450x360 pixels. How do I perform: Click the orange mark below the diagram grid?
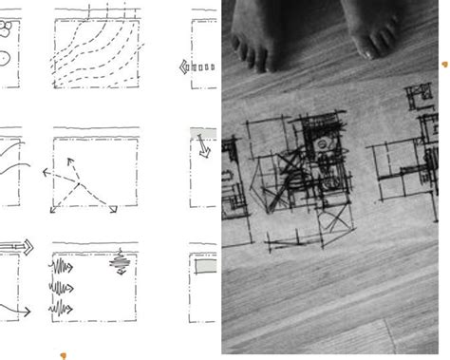point(64,356)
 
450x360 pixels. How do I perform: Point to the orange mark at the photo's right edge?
point(444,65)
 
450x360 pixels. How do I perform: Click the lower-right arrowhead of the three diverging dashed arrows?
point(112,209)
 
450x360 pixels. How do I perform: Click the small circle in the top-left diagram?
point(6,58)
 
